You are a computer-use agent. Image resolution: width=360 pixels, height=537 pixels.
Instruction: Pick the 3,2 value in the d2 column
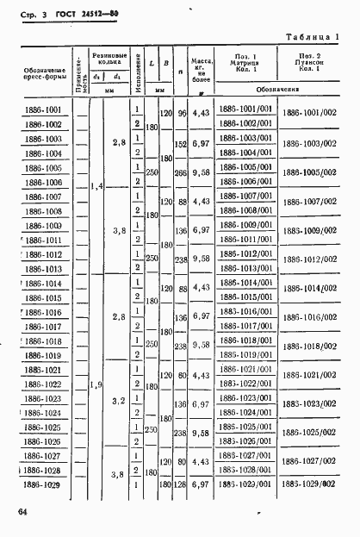(118, 401)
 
